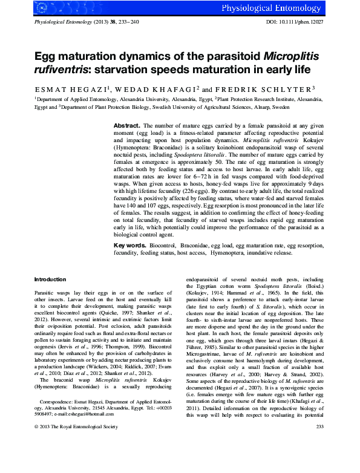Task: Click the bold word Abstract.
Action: pyautogui.click(x=127, y=125)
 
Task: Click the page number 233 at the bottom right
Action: pyautogui.click(x=320, y=461)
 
